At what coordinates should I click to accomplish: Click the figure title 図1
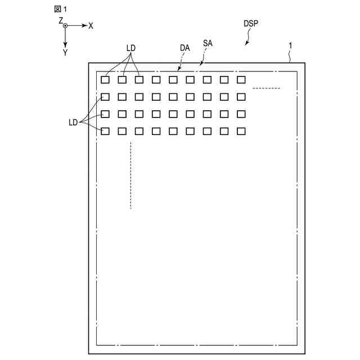tap(60, 9)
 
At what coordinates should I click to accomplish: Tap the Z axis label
tap(60, 21)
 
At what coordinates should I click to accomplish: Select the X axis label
tap(91, 26)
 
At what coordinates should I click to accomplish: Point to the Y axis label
tap(65, 52)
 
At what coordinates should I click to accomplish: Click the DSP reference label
tap(251, 24)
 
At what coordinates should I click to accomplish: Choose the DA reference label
tap(185, 48)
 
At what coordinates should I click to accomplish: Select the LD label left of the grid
tap(73, 121)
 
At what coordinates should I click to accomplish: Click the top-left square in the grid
tap(105, 80)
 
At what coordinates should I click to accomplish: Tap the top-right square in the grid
tap(241, 80)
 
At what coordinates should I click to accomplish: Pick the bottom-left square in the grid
tap(105, 132)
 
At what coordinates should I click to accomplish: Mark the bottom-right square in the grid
tap(241, 132)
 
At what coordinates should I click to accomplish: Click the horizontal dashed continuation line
tap(266, 88)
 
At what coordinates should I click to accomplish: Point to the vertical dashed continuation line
tap(130, 175)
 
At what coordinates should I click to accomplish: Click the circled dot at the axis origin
tap(65, 26)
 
